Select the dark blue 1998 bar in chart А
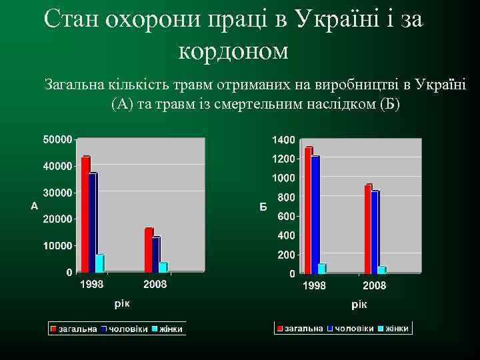click(x=93, y=223)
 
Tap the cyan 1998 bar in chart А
click(x=99, y=263)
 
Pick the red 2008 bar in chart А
click(x=149, y=250)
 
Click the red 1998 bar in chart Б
click(x=308, y=210)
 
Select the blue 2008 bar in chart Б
click(x=375, y=232)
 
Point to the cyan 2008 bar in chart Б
click(x=381, y=270)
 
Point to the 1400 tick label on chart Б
click(x=283, y=139)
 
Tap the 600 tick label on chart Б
click(x=286, y=216)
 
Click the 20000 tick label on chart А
click(x=58, y=219)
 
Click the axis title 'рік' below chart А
click(x=122, y=304)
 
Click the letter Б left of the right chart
click(x=263, y=207)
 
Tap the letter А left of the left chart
click(x=35, y=206)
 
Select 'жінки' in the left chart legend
click(x=171, y=329)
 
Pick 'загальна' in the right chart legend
click(x=304, y=329)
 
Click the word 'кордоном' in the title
click(x=234, y=51)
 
